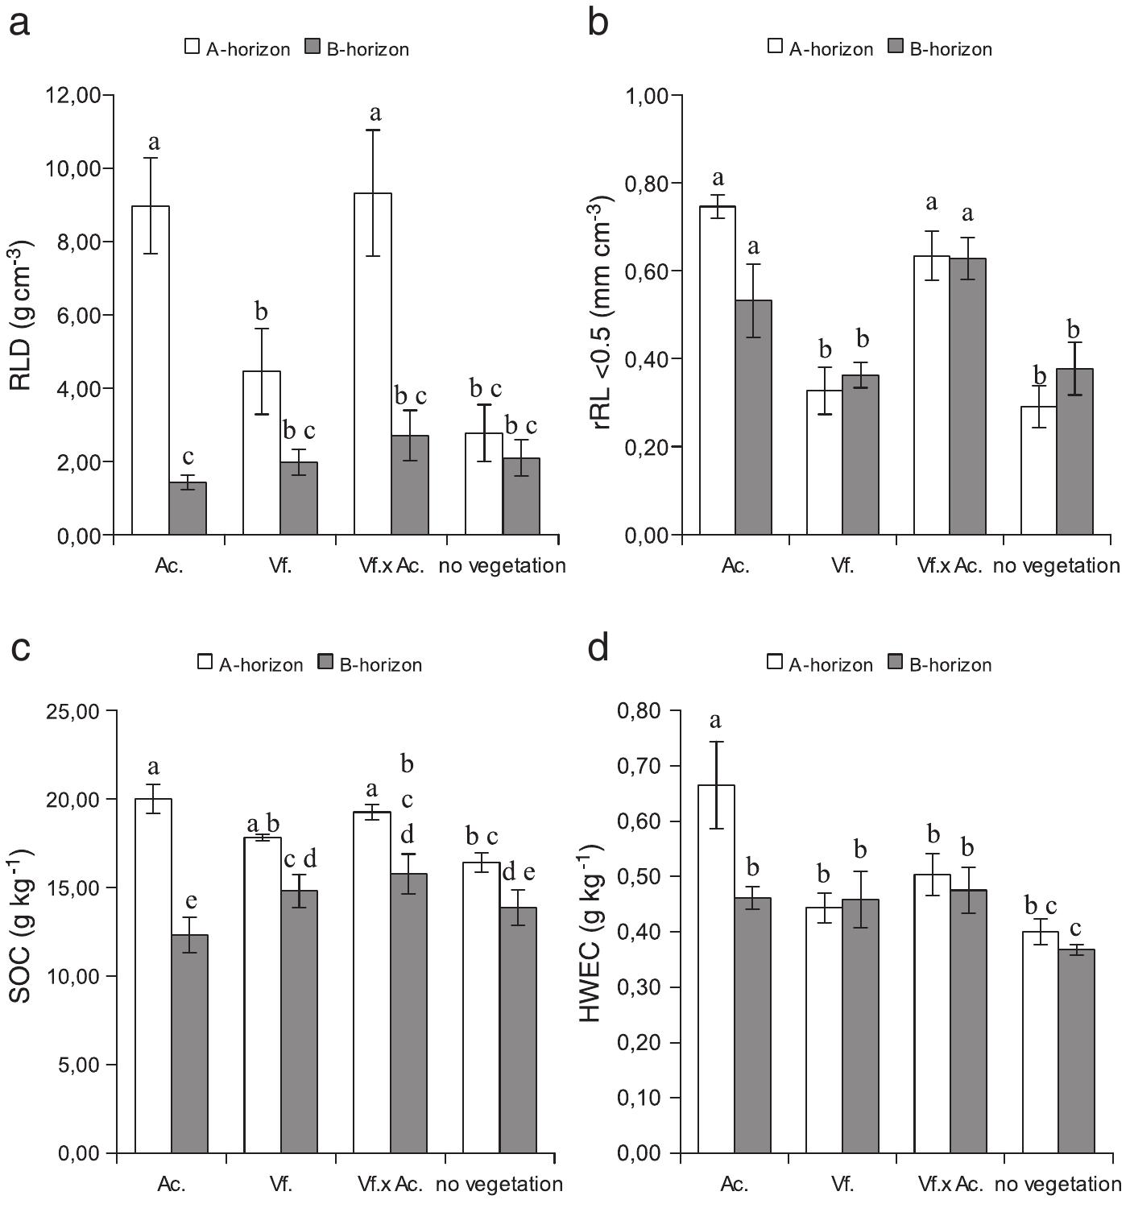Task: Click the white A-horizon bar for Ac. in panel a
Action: [x=151, y=370]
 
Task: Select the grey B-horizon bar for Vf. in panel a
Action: [x=299, y=499]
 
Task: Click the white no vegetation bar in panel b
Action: [x=1039, y=470]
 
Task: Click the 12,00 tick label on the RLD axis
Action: [x=73, y=96]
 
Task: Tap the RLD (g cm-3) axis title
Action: [x=22, y=315]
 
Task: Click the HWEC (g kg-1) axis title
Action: [x=592, y=933]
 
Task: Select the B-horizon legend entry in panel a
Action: [x=358, y=49]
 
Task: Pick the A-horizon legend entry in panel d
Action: [x=820, y=664]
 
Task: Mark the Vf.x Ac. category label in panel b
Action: [x=950, y=565]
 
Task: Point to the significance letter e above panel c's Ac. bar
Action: [x=191, y=900]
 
